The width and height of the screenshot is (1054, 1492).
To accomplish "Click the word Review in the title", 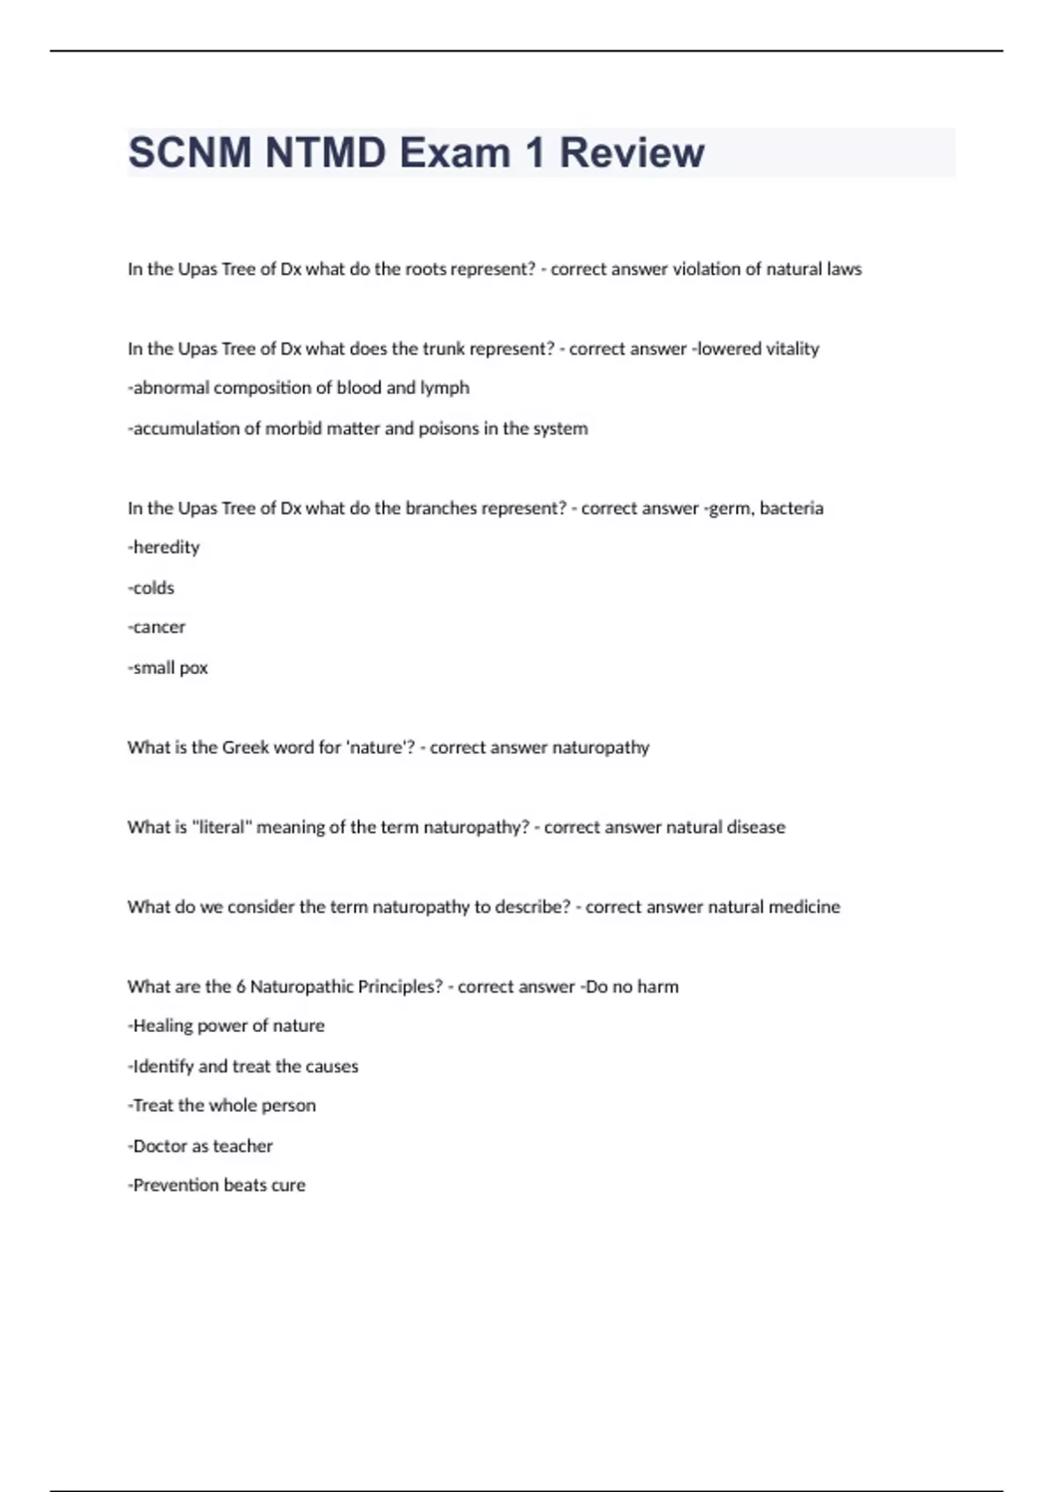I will (632, 153).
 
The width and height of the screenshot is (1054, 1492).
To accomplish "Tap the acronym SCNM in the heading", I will (190, 153).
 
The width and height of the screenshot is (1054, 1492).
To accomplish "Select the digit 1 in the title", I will (534, 153).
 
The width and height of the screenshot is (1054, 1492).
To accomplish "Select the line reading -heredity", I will (164, 548).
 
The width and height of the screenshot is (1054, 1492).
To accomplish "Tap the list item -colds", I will (151, 588).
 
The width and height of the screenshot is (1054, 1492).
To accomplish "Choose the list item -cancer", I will (156, 628).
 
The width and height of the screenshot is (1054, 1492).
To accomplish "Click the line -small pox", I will (168, 668).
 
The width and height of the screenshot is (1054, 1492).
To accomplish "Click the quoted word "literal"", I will (220, 828).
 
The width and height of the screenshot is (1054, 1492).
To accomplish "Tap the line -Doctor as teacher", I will (200, 1146).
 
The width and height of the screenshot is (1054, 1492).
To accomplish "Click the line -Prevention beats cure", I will (217, 1186).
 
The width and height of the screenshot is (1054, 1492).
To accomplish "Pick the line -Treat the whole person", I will (221, 1106).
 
